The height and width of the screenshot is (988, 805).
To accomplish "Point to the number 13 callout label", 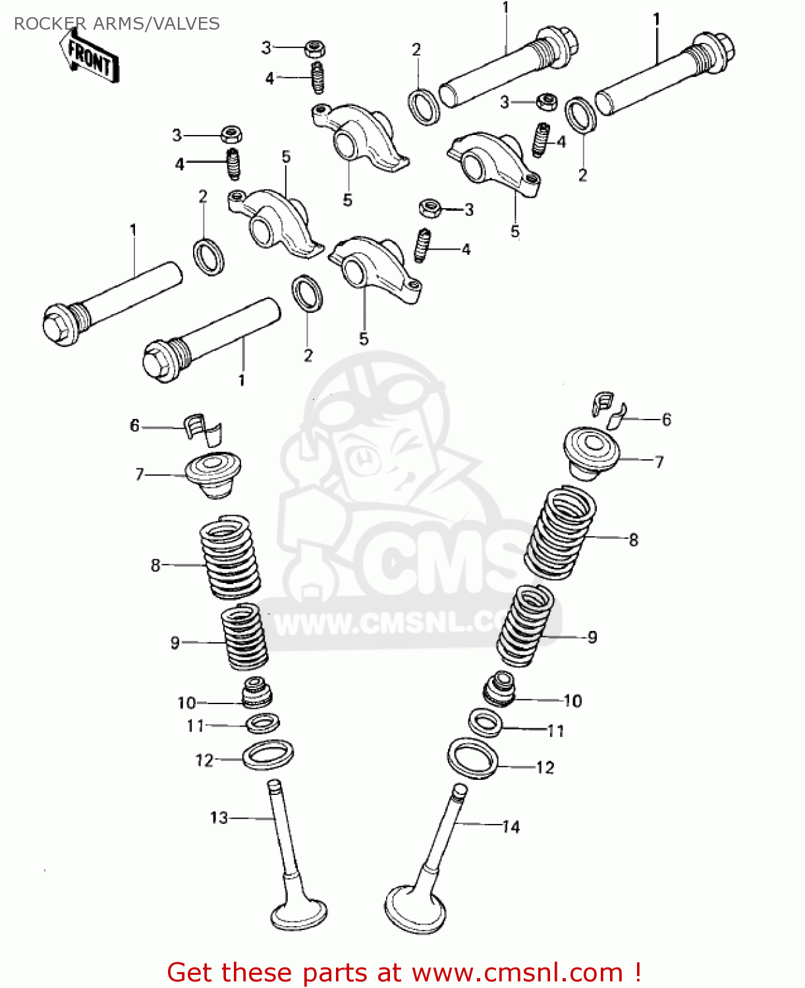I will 219,817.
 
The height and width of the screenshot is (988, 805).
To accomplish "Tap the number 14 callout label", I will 511,827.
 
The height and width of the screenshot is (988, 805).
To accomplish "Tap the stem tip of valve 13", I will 274,785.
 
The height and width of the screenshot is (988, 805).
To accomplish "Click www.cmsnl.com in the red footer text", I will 517,972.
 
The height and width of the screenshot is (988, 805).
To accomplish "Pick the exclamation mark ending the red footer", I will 638,972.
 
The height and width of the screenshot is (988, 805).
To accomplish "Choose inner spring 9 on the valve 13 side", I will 244,637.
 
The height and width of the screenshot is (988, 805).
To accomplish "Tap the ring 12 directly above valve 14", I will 472,758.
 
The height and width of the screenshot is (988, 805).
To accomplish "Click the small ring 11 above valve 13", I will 262,723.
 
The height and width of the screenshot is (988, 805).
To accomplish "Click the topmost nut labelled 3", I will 316,48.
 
